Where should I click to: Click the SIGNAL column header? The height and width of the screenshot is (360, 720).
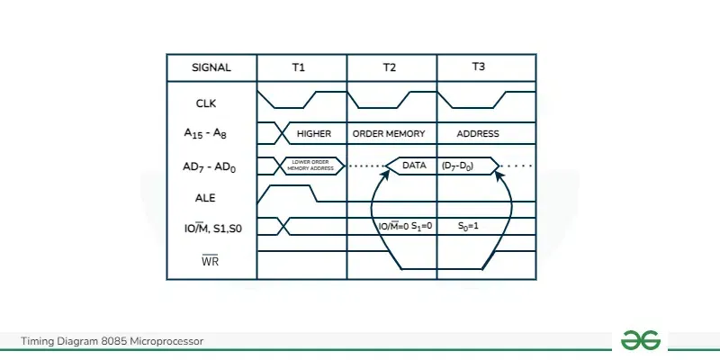point(211,67)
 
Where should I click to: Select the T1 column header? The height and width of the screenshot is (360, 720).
point(300,67)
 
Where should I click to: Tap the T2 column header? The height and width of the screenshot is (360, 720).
point(390,67)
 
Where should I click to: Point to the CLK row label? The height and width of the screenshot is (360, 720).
point(206,103)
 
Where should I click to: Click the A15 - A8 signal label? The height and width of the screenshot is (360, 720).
point(206,134)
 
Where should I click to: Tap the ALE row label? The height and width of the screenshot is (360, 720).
point(206,198)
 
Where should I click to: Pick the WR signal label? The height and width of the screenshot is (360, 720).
point(210,262)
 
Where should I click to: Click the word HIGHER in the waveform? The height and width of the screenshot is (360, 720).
point(314,134)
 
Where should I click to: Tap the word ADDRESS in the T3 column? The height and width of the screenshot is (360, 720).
point(478,134)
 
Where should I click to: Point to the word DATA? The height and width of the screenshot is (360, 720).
point(414,166)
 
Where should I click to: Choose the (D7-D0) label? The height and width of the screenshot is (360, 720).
point(460,166)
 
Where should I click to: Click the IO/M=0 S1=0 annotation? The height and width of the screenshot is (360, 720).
point(405,226)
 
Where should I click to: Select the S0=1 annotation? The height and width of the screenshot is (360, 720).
point(468,226)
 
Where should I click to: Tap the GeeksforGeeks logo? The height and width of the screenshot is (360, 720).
point(641,340)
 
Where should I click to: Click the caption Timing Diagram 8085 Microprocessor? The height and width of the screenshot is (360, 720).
point(112,341)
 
